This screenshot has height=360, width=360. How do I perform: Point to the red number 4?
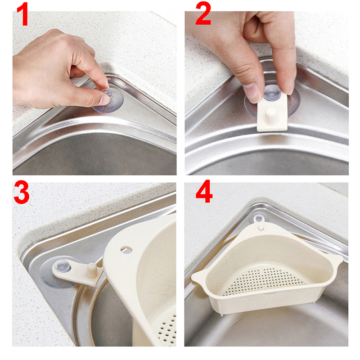click(x=204, y=192)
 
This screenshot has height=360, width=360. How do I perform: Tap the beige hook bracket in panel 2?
click(x=273, y=112)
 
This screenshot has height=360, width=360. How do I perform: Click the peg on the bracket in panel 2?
click(x=271, y=113)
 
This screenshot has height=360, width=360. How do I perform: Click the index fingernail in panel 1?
click(x=105, y=100)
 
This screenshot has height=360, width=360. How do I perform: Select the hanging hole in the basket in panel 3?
click(x=126, y=250)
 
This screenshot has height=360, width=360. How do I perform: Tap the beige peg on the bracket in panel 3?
click(x=92, y=270)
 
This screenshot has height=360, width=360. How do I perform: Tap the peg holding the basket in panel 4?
click(x=261, y=228)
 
